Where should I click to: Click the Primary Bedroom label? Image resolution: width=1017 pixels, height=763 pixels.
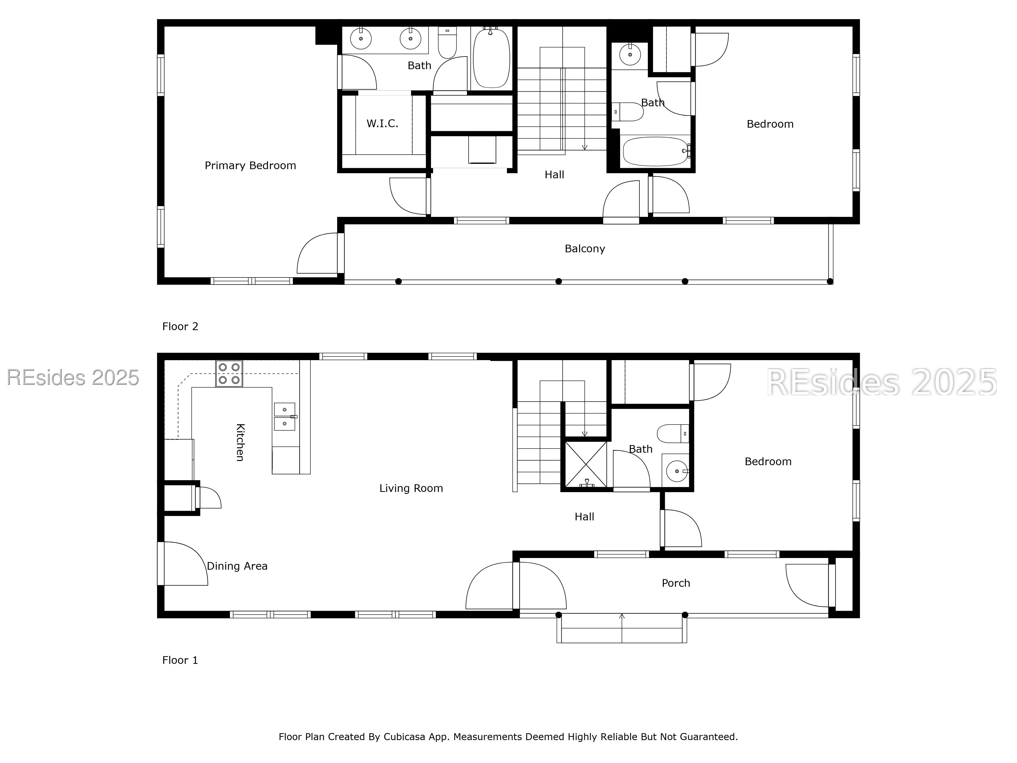[x=250, y=166]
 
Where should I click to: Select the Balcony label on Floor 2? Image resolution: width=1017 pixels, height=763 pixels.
[x=585, y=249]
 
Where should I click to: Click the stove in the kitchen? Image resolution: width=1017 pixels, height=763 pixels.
[x=229, y=373]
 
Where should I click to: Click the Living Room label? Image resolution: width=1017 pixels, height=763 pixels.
[x=411, y=488]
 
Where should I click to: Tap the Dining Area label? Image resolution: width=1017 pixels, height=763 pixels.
[x=237, y=566]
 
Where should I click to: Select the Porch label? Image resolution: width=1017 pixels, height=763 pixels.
[x=676, y=583]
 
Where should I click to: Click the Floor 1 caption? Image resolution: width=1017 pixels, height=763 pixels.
[x=180, y=661]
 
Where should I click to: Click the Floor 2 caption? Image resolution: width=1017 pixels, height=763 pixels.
[x=180, y=327]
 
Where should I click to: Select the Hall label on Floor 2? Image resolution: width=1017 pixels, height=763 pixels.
[x=555, y=175]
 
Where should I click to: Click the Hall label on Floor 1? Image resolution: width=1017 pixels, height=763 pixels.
[x=584, y=517]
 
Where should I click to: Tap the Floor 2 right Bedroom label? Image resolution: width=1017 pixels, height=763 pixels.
[x=770, y=124]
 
